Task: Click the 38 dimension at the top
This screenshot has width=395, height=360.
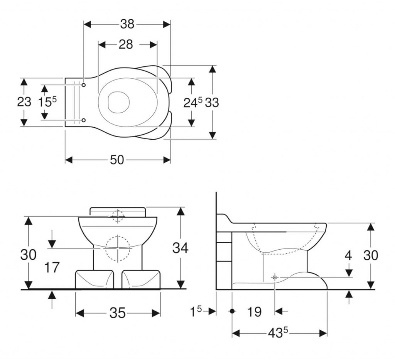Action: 127,24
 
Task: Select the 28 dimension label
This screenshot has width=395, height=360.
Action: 126,44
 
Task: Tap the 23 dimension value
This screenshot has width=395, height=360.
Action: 24,102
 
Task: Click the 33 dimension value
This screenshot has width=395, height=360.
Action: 212,103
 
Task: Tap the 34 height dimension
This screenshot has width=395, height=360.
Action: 180,248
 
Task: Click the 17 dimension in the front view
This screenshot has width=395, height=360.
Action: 52,267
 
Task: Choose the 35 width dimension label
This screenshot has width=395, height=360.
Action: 117,313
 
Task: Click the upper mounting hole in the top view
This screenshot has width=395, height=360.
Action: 84,84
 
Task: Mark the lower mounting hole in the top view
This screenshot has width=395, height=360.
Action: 84,120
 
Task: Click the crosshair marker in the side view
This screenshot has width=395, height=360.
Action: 275,277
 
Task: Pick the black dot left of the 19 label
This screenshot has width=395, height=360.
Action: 232,311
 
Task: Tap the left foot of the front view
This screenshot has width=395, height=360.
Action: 95,279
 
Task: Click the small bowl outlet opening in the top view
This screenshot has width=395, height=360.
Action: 117,102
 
